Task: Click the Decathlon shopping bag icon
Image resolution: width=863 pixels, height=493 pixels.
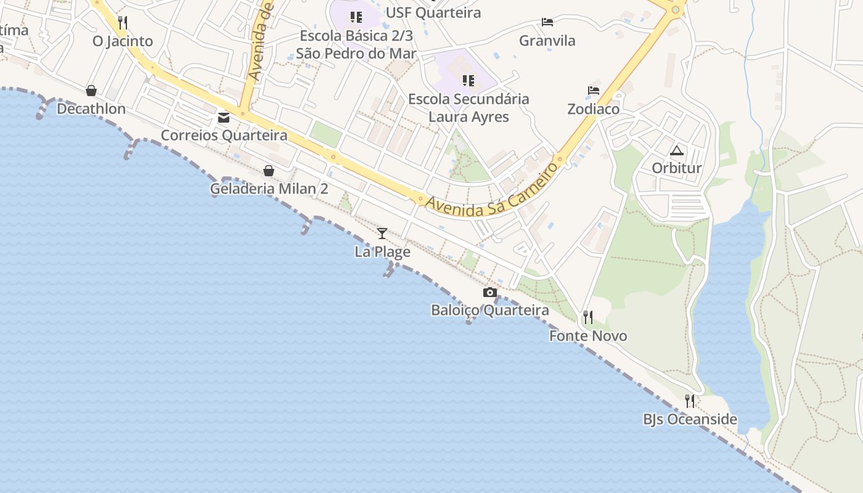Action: click(x=91, y=91)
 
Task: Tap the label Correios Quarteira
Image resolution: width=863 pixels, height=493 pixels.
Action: click(x=224, y=135)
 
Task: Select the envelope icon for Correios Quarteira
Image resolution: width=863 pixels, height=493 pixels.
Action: click(x=224, y=117)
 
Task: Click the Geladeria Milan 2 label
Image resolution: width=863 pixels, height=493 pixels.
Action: click(x=269, y=189)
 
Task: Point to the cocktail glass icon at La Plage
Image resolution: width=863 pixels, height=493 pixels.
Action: click(x=382, y=233)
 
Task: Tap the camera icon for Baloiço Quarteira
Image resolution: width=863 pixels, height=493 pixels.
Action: click(x=490, y=292)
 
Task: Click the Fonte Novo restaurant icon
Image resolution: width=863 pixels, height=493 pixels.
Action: click(x=588, y=317)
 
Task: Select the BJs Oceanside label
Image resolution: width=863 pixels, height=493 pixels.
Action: click(x=690, y=420)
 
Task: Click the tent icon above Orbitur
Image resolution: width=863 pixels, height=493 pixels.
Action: click(x=677, y=150)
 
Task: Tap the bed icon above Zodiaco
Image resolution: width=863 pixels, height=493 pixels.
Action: click(x=594, y=90)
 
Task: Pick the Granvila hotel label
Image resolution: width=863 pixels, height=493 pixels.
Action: click(x=547, y=41)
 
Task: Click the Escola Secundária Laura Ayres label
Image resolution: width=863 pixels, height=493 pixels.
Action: click(x=468, y=108)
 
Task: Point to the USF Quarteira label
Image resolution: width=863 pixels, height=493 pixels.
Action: click(x=433, y=12)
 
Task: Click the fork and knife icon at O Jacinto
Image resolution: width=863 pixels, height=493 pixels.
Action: click(x=123, y=23)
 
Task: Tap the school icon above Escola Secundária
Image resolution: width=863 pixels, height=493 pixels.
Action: click(x=468, y=81)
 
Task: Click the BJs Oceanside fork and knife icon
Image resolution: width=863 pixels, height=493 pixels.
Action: click(x=690, y=401)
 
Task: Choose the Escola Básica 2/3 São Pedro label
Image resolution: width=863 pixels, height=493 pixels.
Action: click(x=356, y=44)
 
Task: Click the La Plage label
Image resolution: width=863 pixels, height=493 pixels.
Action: click(x=382, y=251)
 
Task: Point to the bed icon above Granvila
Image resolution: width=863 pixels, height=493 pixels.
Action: click(x=547, y=22)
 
